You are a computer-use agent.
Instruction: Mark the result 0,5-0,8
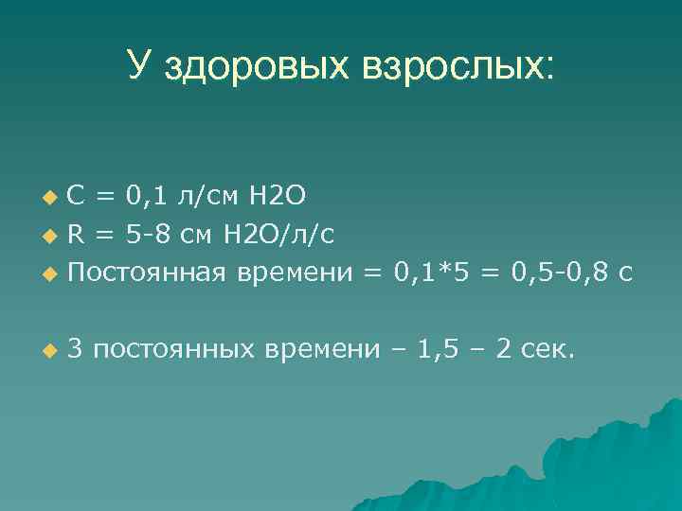pos(557,273)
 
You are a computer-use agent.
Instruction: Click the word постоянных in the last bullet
pos(174,350)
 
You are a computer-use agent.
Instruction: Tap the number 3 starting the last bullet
pos(76,349)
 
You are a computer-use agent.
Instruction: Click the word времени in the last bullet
pos(322,350)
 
